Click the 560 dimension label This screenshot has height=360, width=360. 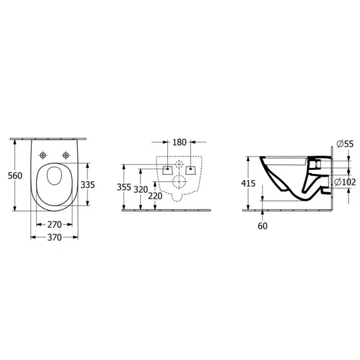click(15, 176)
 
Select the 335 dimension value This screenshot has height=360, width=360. click(88, 185)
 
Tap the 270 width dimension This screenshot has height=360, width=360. click(54, 224)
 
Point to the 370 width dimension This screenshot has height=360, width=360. click(54, 237)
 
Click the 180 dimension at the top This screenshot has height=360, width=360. click(179, 142)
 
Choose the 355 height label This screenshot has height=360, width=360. click(124, 187)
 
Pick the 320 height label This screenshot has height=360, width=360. click(141, 189)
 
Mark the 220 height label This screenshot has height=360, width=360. click(155, 196)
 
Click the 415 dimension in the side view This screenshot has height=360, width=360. click(249, 183)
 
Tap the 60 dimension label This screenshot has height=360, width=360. click(263, 226)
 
